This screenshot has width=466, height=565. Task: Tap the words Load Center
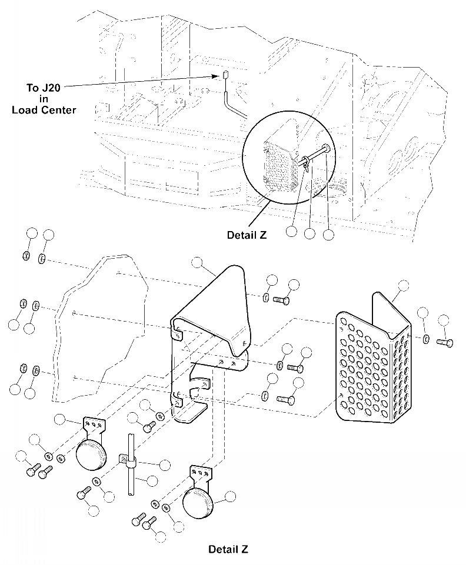tap(44, 110)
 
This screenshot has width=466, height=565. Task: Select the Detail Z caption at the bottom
tap(228, 550)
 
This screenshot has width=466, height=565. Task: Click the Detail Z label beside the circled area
tap(247, 235)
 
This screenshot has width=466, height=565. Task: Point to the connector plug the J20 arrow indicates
tap(225, 75)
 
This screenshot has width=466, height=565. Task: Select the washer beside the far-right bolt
tap(426, 339)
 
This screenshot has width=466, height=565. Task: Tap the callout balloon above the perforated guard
tap(403, 286)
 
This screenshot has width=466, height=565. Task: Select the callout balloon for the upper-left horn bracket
tap(59, 419)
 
